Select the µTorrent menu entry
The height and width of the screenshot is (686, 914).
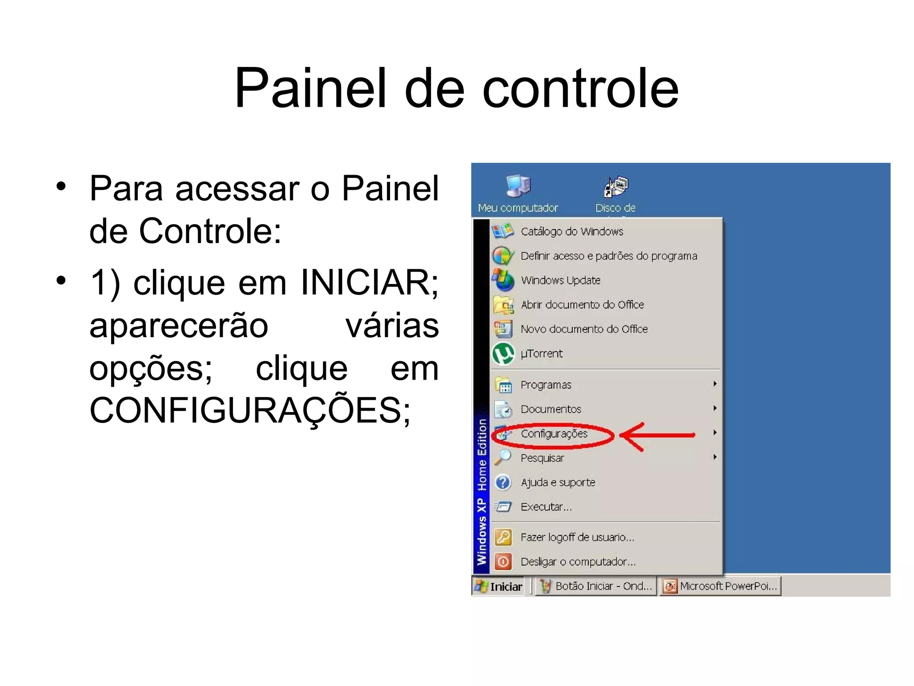pos(541,354)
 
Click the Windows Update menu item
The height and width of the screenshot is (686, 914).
pos(561,280)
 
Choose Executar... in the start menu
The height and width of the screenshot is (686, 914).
pos(546,507)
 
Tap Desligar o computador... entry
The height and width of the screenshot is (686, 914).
pos(578,562)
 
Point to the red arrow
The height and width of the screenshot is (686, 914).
pos(656,435)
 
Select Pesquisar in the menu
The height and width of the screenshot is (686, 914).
pos(542,458)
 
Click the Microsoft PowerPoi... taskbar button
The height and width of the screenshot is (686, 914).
pos(720,586)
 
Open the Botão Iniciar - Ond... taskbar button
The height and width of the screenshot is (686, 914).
pos(596,586)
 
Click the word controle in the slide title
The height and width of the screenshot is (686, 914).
pos(580,88)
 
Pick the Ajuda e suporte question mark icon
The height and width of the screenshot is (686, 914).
pos(503,482)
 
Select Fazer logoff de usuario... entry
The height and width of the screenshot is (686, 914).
pos(577,537)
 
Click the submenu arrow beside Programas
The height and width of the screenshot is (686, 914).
pos(715,384)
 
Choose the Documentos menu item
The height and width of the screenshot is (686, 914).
pos(551,410)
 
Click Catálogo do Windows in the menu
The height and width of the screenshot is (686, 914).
pos(572,232)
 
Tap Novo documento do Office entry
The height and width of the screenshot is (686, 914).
pos(584,329)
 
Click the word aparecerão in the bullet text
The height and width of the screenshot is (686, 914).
pos(179,326)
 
